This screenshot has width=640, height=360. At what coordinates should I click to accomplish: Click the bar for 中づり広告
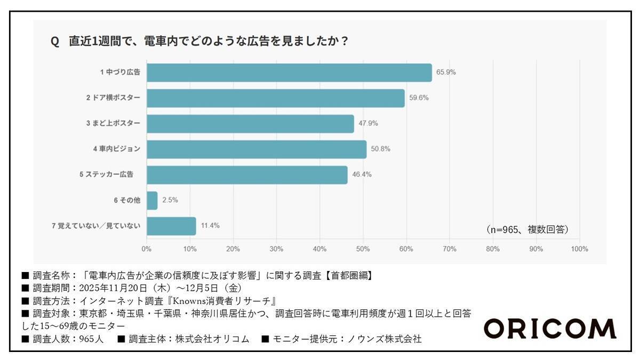[x=289, y=73]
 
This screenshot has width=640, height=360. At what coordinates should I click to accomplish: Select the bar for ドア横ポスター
[x=275, y=98]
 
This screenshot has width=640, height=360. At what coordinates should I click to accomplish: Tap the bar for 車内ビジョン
[x=256, y=149]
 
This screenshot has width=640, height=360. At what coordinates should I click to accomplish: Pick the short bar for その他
[x=152, y=201]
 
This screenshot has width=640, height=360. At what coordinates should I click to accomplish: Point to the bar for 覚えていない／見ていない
[x=171, y=226]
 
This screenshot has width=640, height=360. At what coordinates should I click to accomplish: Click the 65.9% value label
[x=446, y=73]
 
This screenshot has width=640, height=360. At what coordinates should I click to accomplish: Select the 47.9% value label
[x=368, y=124]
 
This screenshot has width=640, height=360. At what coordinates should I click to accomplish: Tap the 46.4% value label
[x=362, y=174]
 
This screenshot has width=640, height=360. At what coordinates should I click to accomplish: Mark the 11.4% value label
[x=210, y=226]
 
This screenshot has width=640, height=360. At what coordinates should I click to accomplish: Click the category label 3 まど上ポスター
[x=113, y=124]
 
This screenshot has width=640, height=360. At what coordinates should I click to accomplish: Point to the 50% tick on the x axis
[x=363, y=249]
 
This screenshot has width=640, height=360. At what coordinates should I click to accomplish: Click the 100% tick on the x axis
[x=579, y=249]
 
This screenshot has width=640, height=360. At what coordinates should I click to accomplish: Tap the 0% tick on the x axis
[x=147, y=249]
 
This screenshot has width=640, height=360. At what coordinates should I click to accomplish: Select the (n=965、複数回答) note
[x=527, y=229]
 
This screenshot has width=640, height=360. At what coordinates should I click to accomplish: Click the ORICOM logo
[x=549, y=329]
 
